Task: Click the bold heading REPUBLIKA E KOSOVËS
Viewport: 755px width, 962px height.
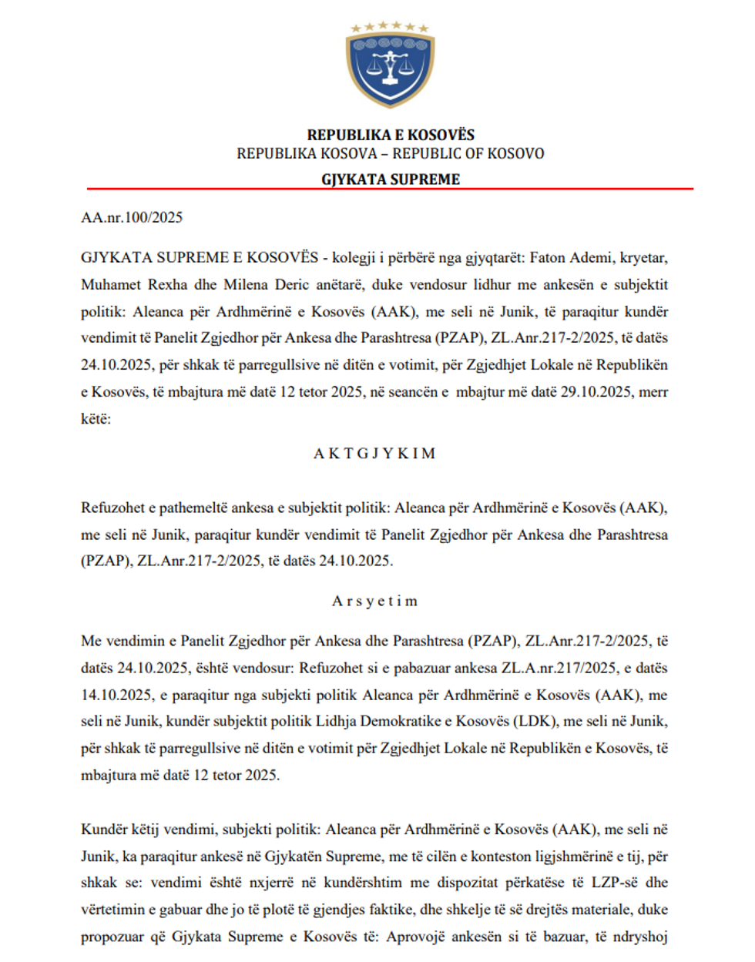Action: pyautogui.click(x=391, y=135)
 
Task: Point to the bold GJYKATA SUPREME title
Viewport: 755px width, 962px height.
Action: pyautogui.click(x=391, y=179)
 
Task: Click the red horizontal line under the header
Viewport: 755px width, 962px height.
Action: pyautogui.click(x=390, y=188)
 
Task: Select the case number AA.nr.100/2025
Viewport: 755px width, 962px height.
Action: pyautogui.click(x=132, y=217)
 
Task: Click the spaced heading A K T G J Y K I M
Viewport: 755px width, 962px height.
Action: pyautogui.click(x=374, y=454)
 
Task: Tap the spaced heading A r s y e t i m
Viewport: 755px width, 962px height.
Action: pyautogui.click(x=374, y=601)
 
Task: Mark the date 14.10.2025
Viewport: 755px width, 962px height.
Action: pyautogui.click(x=116, y=695)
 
